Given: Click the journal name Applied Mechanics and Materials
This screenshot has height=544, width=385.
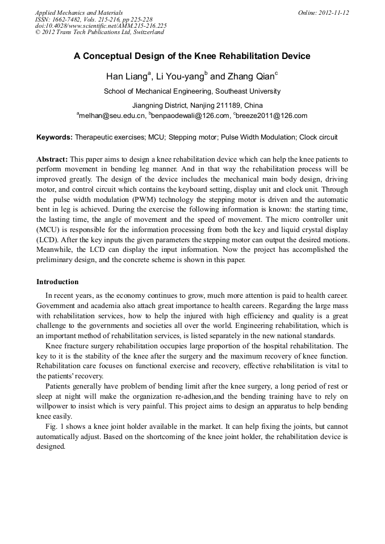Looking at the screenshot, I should coord(78,12).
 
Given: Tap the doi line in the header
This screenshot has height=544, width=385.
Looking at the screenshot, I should coord(101,26).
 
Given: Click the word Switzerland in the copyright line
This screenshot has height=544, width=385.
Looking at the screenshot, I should coord(147,32).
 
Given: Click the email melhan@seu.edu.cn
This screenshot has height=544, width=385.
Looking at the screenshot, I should coord(112,116).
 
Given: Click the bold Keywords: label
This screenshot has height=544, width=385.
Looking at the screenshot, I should coord(55,137).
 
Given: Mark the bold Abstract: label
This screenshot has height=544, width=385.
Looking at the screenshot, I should coord(52,159).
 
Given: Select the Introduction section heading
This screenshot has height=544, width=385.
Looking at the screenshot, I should coord(57,282).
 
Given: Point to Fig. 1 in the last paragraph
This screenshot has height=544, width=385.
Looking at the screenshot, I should coord(54,425).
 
